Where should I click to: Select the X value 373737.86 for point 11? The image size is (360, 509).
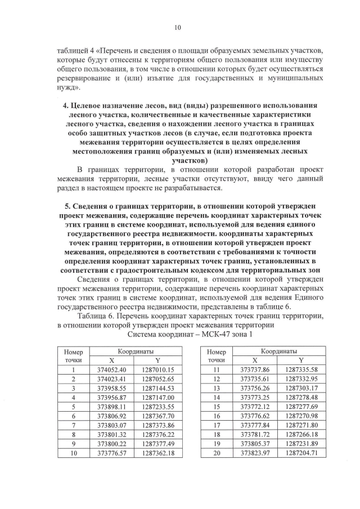tap(255, 370)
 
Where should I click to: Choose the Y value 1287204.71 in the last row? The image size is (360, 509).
tap(301, 451)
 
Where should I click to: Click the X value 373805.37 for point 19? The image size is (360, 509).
tap(255, 442)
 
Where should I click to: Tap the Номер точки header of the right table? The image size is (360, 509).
tap(217, 355)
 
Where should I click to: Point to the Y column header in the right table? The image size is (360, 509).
tap(301, 360)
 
